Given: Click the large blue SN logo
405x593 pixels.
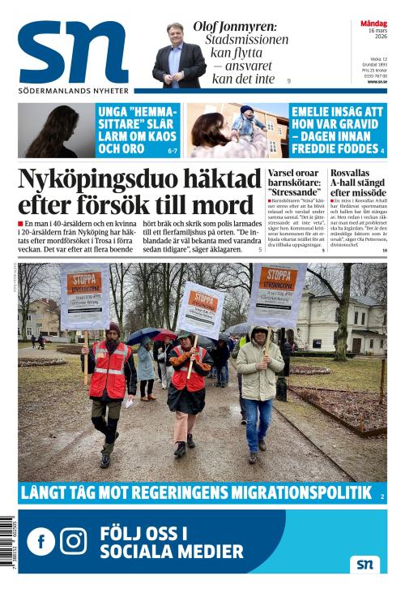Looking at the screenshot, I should click(x=73, y=53).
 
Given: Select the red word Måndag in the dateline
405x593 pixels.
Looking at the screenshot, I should click(x=373, y=24).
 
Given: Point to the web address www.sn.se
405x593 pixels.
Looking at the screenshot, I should click(x=377, y=81).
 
